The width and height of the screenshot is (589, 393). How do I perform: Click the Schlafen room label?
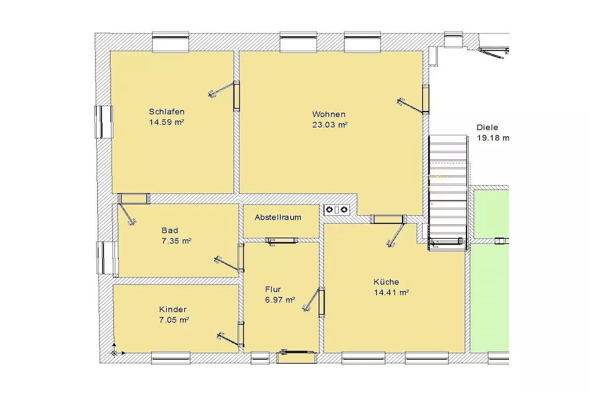(x=166, y=112)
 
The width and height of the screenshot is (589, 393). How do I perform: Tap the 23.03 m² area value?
(x=330, y=125)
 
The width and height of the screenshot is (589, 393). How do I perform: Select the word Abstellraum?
(x=278, y=217)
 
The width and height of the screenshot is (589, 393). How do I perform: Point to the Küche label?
(x=386, y=282)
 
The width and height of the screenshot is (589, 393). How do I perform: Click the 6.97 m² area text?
(x=280, y=300)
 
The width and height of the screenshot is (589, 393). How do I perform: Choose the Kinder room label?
(x=173, y=310)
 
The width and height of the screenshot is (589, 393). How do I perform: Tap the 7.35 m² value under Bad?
(x=177, y=241)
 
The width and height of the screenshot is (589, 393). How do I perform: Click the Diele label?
(x=487, y=127)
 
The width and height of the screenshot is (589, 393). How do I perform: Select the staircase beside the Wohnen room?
(x=448, y=192)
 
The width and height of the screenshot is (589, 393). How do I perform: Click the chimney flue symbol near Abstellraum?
(x=336, y=209)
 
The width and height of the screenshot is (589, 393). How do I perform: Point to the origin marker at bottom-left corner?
(x=114, y=353)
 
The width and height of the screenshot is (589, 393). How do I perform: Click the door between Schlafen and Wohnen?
(x=225, y=94)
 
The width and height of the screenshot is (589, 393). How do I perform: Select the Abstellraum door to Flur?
(x=282, y=241)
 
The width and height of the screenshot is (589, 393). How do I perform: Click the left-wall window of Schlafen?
(x=104, y=122)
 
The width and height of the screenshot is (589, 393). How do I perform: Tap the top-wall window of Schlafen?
(x=170, y=41)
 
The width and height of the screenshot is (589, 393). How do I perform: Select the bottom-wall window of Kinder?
(x=170, y=358)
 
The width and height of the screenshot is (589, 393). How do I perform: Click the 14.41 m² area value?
(x=391, y=292)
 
